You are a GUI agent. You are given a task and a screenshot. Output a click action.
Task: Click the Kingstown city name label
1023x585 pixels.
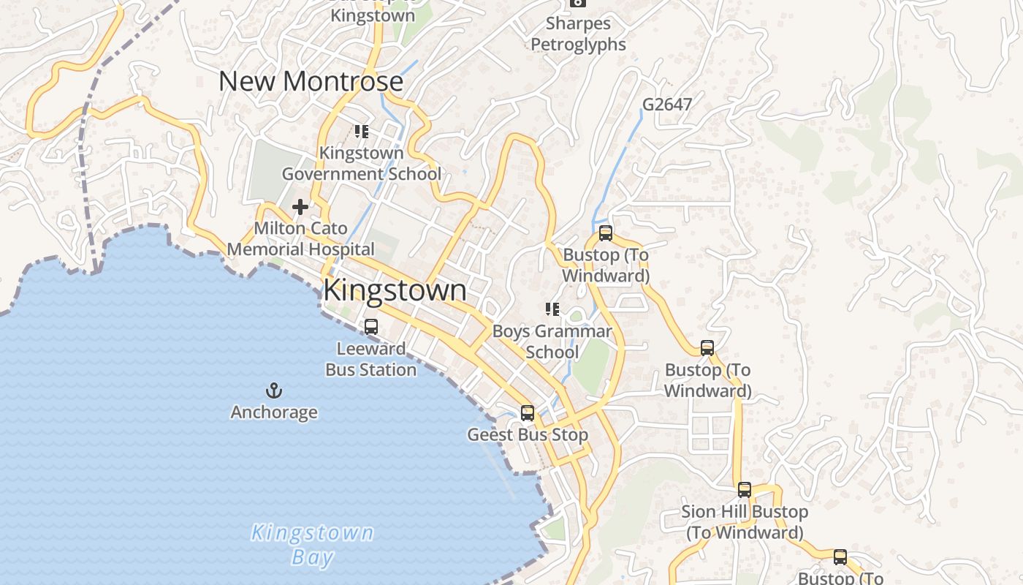(395, 290)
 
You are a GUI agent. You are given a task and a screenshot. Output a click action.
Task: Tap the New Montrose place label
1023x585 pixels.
(311, 81)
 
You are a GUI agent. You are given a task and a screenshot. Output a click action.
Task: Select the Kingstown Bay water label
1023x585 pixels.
(312, 544)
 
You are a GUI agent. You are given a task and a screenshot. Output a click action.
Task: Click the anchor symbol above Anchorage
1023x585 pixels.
(274, 390)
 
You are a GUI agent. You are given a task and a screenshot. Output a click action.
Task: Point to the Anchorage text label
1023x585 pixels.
(274, 412)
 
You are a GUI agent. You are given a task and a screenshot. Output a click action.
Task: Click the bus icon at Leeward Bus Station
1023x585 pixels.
(371, 327)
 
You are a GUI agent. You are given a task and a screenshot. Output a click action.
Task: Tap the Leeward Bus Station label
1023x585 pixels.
(370, 359)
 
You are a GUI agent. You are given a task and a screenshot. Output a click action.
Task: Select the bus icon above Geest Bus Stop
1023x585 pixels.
(528, 413)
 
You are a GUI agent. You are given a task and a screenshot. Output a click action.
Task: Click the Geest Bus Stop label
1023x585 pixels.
(528, 435)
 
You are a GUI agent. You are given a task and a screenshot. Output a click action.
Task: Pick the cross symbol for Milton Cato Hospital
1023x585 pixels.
(300, 208)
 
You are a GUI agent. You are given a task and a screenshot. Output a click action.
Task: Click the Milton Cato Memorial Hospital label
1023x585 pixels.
(300, 239)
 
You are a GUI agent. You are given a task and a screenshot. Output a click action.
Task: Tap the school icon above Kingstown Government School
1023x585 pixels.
(361, 132)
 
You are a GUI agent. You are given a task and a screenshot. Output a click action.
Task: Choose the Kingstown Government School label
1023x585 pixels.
(362, 164)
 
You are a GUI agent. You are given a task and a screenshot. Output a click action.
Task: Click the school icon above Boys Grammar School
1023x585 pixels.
(552, 309)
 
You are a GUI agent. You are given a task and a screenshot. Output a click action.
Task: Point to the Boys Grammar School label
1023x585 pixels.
(552, 341)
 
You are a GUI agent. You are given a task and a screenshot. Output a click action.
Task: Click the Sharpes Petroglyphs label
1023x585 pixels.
(578, 34)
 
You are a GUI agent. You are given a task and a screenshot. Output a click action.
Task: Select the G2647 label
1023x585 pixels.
(666, 105)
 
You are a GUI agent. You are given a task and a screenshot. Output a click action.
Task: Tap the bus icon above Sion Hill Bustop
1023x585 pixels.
(745, 490)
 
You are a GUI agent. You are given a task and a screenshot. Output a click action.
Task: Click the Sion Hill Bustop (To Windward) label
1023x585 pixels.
(745, 522)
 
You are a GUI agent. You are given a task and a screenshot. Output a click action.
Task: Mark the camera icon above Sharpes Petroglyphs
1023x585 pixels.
(578, 3)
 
